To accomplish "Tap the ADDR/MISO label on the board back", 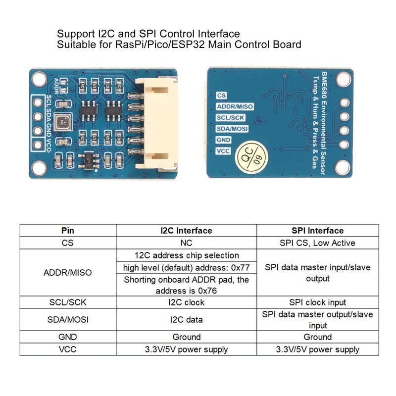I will click(235, 106).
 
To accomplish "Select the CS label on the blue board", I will click(221, 96).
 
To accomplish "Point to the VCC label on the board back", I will click(224, 150).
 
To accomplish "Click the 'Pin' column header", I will click(68, 231).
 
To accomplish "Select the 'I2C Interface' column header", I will click(186, 231).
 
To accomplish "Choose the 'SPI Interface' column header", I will click(317, 231).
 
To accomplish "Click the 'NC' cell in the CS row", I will click(186, 243).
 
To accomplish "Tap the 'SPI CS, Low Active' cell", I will click(317, 243).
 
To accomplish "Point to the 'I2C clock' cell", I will click(186, 302).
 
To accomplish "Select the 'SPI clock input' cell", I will click(317, 302).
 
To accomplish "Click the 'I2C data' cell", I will click(186, 320).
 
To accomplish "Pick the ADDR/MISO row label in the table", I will click(68, 273).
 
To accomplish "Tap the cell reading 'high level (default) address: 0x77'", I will click(186, 268).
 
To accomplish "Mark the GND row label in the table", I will click(68, 337).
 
